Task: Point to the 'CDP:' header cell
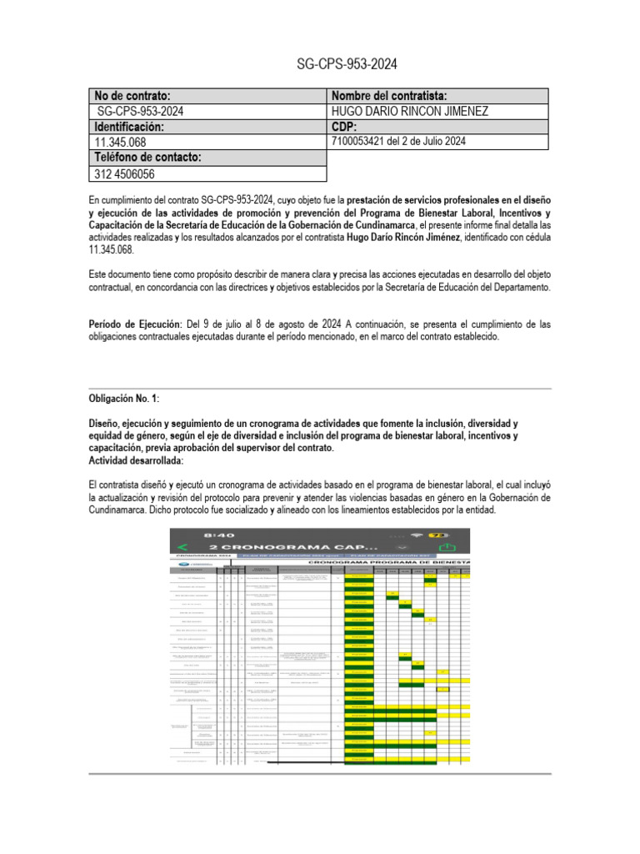[x=344, y=127]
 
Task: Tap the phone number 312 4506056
[x=126, y=174]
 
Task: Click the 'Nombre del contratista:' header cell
[x=390, y=96]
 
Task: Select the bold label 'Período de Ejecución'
[x=134, y=324]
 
